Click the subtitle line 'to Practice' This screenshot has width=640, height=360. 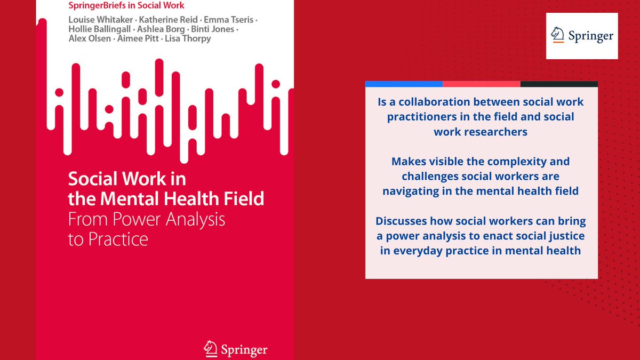(x=108, y=239)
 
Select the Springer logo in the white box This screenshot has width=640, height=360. (x=582, y=36)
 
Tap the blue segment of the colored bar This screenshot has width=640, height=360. (x=404, y=84)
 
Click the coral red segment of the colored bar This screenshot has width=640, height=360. (x=481, y=84)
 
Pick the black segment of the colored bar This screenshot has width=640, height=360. (x=559, y=84)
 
